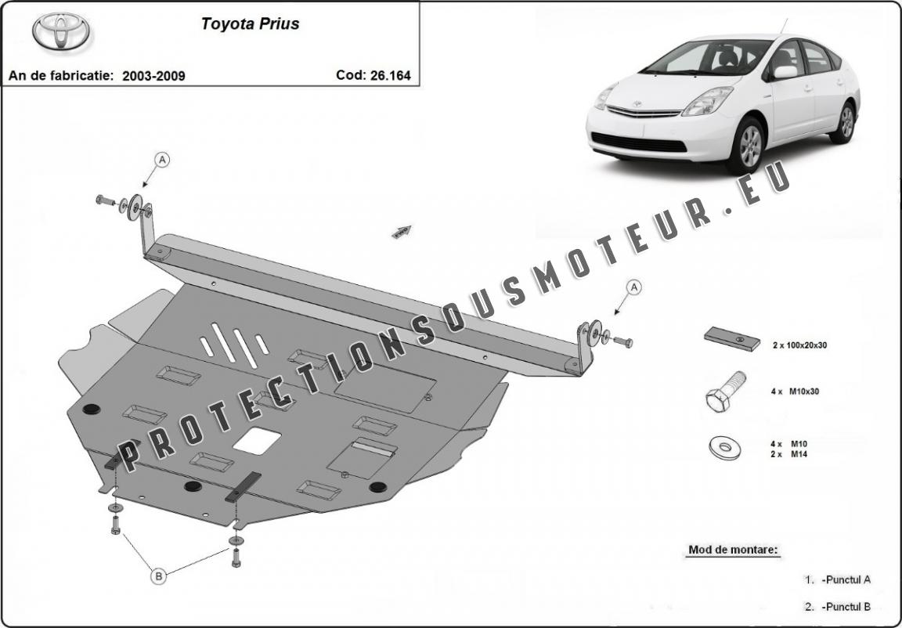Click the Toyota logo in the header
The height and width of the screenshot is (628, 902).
click(x=61, y=32)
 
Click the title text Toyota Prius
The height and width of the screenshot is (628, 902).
click(x=250, y=23)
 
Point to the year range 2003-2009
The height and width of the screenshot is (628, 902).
click(x=154, y=76)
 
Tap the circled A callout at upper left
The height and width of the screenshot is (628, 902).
click(x=163, y=160)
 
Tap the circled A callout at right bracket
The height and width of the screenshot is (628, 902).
click(x=635, y=287)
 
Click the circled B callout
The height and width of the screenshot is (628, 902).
click(x=159, y=576)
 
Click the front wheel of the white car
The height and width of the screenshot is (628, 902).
click(x=744, y=145)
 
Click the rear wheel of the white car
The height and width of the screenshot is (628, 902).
click(x=845, y=122)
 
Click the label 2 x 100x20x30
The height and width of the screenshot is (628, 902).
click(x=799, y=345)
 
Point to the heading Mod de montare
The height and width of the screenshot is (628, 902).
click(x=734, y=550)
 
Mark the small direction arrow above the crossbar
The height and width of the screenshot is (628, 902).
click(x=402, y=230)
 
